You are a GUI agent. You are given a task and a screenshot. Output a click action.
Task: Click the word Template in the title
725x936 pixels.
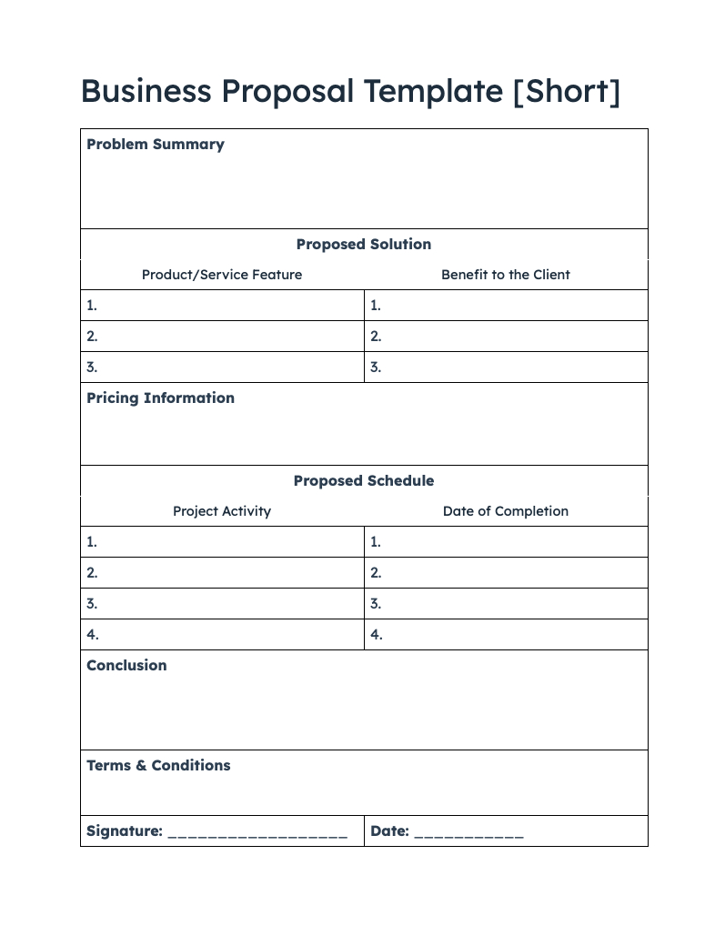(432, 91)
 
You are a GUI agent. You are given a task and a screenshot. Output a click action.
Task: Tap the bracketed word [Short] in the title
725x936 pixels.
(566, 91)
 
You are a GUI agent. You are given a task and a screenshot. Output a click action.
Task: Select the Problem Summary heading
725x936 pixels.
(155, 145)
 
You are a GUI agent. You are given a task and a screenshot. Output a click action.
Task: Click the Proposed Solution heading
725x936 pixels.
(363, 245)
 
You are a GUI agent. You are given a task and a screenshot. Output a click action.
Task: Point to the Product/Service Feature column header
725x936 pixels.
(222, 275)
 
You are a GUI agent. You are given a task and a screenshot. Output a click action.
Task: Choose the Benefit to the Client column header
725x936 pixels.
(505, 275)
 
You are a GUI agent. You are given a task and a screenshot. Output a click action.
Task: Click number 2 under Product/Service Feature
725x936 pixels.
(92, 337)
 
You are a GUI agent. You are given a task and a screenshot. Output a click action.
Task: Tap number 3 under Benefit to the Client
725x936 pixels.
(376, 367)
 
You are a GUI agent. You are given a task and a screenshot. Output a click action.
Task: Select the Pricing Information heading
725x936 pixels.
(160, 398)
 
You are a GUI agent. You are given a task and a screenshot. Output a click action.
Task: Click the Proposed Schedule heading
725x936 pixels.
(363, 481)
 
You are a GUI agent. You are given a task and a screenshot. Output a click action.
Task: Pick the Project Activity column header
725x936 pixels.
(222, 511)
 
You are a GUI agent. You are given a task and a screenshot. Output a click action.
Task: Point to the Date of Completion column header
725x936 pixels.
(505, 511)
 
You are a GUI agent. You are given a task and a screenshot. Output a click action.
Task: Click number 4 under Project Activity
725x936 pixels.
(92, 635)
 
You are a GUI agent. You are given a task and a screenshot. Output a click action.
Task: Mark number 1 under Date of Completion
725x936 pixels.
(376, 542)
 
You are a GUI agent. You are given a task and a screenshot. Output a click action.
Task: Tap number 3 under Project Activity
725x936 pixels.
(92, 604)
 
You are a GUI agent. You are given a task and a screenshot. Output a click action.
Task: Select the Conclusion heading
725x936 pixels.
(126, 666)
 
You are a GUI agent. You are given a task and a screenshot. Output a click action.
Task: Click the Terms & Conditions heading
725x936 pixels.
(158, 766)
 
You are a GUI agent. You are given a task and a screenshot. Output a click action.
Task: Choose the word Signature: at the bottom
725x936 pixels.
(124, 831)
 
